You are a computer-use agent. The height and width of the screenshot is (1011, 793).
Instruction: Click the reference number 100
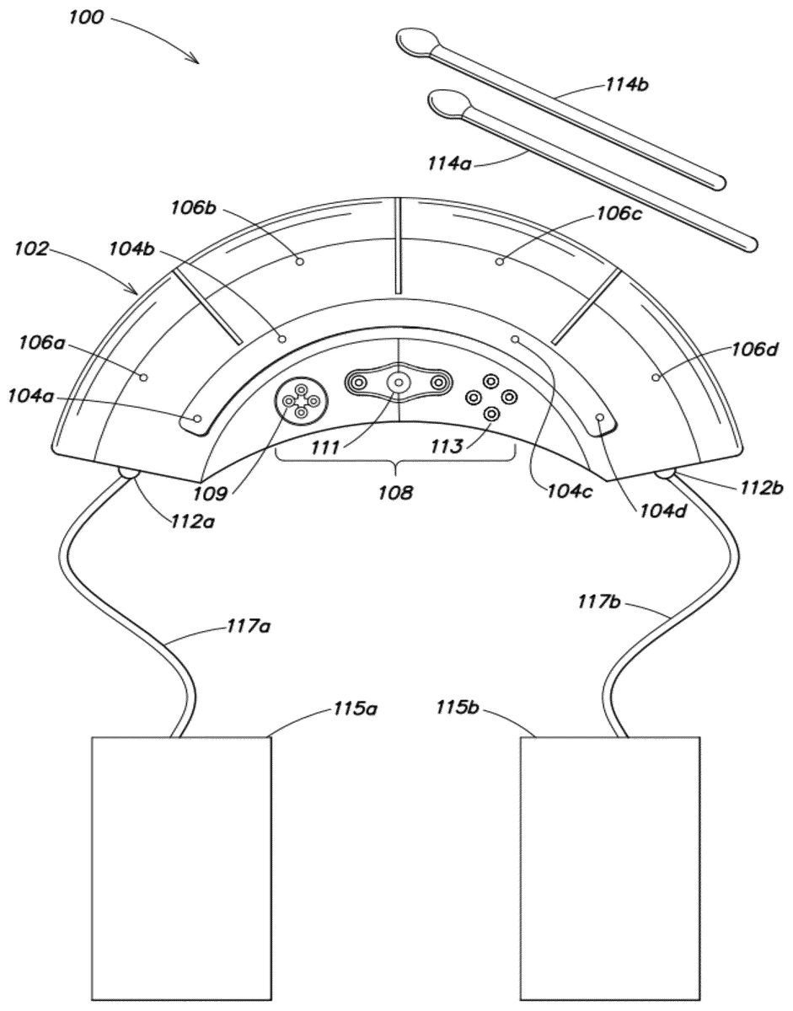[86, 18]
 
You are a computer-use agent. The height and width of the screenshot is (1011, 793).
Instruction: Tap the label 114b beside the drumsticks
[626, 85]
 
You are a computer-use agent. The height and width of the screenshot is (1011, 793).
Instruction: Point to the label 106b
[193, 207]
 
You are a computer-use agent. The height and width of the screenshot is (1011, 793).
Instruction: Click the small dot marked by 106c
[500, 262]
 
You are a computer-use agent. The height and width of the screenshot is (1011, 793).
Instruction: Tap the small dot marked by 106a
[144, 377]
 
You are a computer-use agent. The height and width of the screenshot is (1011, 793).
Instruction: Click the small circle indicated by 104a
[198, 418]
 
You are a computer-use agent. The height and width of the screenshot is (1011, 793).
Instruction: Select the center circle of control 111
[399, 382]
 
